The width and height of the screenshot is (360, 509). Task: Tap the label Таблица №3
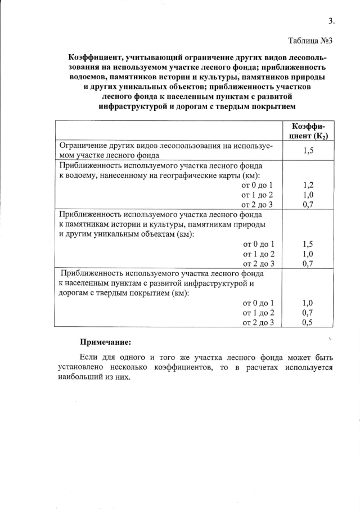pos(311,40)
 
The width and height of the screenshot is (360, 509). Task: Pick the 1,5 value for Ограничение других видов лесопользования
pos(307,151)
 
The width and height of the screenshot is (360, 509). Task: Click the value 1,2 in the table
pos(307,185)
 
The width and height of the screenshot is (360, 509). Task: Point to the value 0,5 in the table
pos(307,322)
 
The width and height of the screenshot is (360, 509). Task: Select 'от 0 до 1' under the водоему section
pos(257,185)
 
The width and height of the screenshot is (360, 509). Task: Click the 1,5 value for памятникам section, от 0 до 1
pos(307,244)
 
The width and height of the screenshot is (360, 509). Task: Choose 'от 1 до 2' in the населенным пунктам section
pos(258,313)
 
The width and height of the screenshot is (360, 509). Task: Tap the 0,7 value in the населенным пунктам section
pos(307,313)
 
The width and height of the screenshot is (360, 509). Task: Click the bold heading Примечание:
pos(106,341)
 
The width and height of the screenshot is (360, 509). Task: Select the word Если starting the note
pos(89,357)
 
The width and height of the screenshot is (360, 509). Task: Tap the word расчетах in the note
pos(262,367)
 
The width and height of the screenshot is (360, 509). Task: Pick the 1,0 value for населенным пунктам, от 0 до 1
pos(307,303)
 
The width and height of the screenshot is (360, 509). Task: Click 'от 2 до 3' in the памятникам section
pos(258,263)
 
